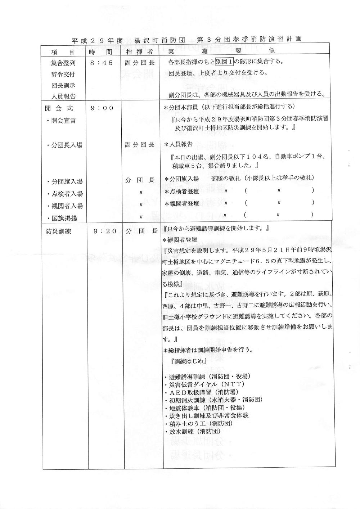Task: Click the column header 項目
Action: pos(63,52)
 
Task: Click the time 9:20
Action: pos(105,232)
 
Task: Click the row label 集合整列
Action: pos(63,63)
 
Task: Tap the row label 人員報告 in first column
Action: pos(63,96)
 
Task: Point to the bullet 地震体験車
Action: pos(204,408)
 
